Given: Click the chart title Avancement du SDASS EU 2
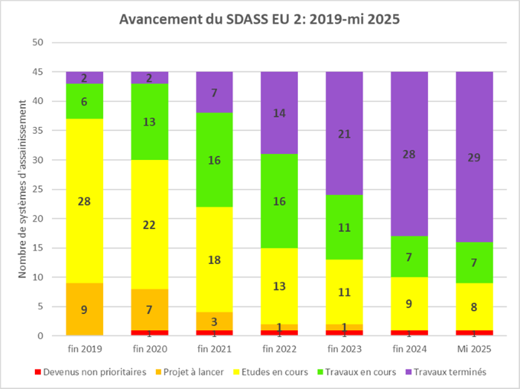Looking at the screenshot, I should pyautogui.click(x=260, y=19).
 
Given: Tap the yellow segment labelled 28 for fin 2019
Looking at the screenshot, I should pyautogui.click(x=85, y=201).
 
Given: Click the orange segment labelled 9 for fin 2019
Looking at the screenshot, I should pyautogui.click(x=85, y=309).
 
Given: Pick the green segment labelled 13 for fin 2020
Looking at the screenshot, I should pyautogui.click(x=149, y=122).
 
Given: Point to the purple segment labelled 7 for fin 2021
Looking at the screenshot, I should pyautogui.click(x=215, y=92).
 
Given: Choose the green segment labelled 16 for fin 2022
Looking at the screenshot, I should pyautogui.click(x=279, y=201).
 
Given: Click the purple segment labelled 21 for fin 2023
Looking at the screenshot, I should pyautogui.click(x=344, y=134).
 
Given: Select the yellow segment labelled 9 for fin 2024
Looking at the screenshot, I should pyautogui.click(x=409, y=303).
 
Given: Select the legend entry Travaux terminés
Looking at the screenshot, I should pyautogui.click(x=455, y=370).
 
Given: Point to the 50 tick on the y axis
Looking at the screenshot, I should pyautogui.click(x=39, y=43).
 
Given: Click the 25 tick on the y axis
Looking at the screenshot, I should pyautogui.click(x=39, y=190).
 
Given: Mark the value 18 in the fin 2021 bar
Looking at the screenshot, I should pyautogui.click(x=215, y=259).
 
